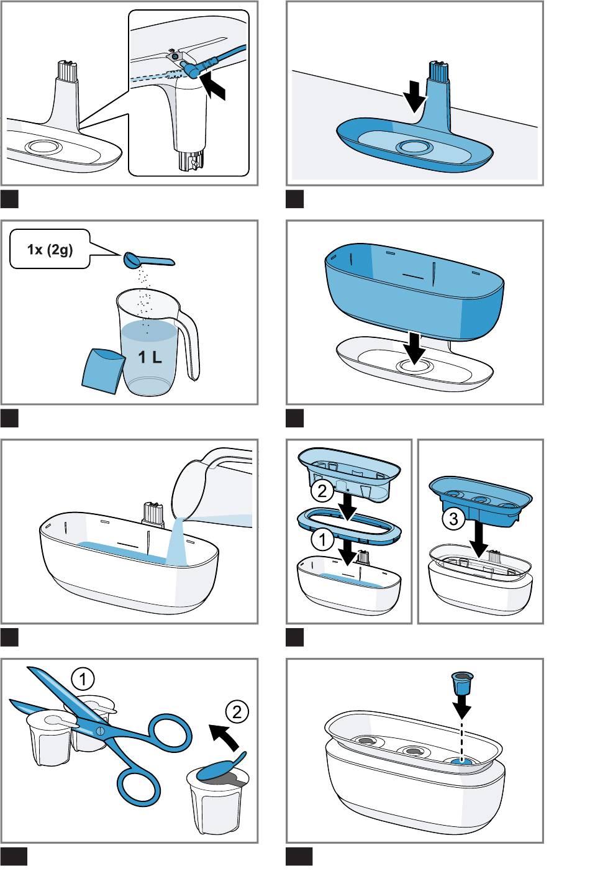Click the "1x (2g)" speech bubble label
[x=50, y=250]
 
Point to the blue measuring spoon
[x=149, y=259]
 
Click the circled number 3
[x=454, y=519]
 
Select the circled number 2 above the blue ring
[x=322, y=492]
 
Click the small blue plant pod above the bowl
[x=461, y=682]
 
